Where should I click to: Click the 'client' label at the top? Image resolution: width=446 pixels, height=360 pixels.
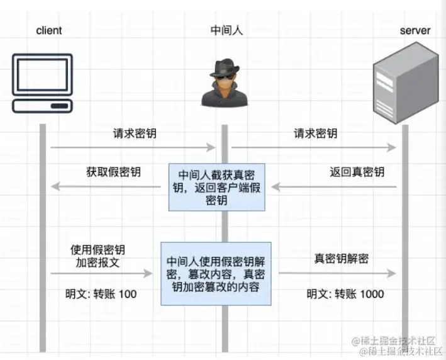pyautogui.click(x=49, y=30)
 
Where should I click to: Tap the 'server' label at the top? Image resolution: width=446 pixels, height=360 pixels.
pyautogui.click(x=416, y=30)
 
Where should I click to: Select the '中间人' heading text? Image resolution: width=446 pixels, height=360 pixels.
pyautogui.click(x=225, y=30)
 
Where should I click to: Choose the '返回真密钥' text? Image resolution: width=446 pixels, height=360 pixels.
pyautogui.click(x=357, y=171)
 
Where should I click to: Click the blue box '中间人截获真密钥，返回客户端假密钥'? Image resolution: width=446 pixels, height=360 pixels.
pyautogui.click(x=216, y=187)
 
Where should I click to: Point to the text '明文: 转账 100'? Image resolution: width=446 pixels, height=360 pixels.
pyautogui.click(x=101, y=293)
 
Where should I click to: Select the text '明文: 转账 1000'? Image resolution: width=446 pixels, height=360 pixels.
pyautogui.click(x=345, y=294)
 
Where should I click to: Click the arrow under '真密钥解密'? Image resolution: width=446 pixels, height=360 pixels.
pyautogui.click(x=338, y=273)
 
